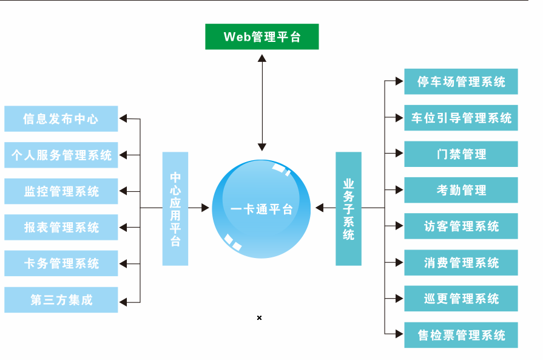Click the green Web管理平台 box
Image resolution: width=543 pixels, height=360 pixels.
point(261,36)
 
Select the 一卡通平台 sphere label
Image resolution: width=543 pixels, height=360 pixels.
point(261,209)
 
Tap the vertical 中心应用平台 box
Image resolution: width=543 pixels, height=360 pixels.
point(175,208)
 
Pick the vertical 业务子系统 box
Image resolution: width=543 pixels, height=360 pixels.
point(348,208)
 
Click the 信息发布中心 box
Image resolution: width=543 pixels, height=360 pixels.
point(61,118)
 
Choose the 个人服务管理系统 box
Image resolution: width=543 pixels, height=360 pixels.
point(61,155)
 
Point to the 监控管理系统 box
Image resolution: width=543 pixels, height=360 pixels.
point(61,191)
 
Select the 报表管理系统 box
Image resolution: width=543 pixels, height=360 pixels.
point(61,228)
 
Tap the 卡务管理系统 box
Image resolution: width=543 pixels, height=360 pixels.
point(61,263)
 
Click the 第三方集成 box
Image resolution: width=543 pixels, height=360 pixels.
point(61,300)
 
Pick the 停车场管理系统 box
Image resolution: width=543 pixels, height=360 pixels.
point(461,81)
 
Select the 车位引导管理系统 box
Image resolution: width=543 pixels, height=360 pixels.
point(461,118)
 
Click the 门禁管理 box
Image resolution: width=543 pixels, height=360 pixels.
point(461,154)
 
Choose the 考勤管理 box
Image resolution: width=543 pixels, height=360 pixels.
point(461,190)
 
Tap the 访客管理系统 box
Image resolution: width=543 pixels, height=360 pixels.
point(461,226)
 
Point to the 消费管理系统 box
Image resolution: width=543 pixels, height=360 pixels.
point(461,262)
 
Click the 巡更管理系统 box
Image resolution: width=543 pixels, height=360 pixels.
point(461,299)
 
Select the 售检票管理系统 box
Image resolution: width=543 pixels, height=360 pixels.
point(461,335)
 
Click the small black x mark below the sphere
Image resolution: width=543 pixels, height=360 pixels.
point(259,318)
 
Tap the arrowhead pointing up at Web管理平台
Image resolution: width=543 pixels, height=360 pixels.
point(261,58)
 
